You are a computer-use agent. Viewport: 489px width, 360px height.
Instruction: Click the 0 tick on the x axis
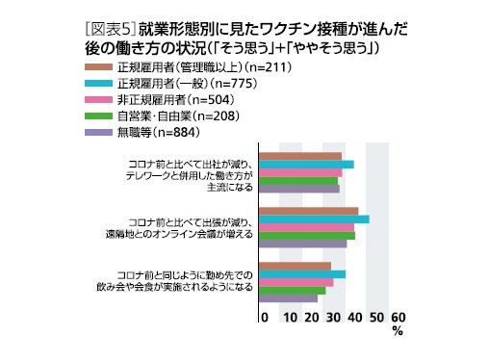click(x=264, y=317)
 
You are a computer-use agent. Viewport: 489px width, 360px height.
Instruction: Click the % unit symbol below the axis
click(x=397, y=331)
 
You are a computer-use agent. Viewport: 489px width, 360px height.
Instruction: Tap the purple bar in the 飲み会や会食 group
click(x=290, y=298)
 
